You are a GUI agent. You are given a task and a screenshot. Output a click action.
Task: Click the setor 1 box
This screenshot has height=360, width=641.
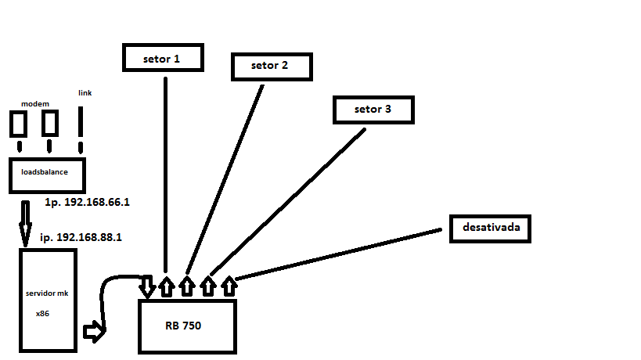click(x=162, y=59)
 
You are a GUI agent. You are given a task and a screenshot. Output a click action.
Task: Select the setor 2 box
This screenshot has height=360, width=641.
click(x=270, y=66)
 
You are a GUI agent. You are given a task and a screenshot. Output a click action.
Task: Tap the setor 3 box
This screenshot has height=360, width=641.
click(x=373, y=110)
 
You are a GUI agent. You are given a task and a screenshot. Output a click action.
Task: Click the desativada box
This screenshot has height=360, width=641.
click(x=492, y=228)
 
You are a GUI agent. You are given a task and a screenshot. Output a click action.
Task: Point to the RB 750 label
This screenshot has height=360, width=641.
click(x=183, y=326)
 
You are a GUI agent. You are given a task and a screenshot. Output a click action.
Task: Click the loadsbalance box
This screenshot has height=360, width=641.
click(x=47, y=175)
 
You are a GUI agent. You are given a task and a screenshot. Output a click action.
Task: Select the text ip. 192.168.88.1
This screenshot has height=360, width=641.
click(x=81, y=236)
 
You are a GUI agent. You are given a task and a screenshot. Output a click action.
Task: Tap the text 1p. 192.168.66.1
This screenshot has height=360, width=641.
click(x=87, y=202)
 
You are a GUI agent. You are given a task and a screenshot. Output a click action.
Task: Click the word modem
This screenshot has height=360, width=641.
click(x=35, y=103)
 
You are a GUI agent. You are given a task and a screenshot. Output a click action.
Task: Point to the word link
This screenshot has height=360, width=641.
click(x=85, y=93)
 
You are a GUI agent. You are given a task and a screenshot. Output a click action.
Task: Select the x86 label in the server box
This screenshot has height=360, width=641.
click(x=44, y=312)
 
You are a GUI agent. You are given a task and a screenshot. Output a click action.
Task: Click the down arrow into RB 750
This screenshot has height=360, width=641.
click(x=147, y=286)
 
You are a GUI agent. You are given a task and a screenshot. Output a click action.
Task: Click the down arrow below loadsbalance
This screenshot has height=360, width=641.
click(x=26, y=221)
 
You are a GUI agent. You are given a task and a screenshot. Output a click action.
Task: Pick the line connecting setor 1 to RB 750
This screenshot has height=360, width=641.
click(x=166, y=172)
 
